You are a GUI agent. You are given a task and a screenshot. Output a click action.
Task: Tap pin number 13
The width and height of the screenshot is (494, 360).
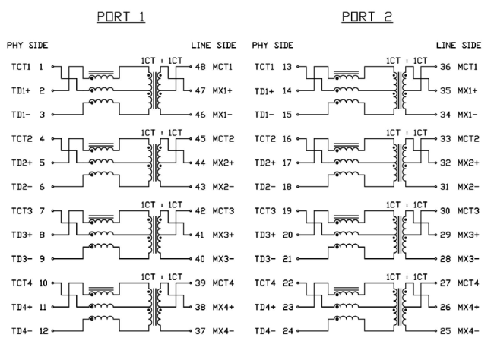tap(287, 67)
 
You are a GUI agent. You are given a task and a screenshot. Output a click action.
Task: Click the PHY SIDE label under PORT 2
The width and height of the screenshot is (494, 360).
tap(272, 45)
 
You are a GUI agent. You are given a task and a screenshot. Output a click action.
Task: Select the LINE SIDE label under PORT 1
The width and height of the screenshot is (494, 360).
tap(214, 45)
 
